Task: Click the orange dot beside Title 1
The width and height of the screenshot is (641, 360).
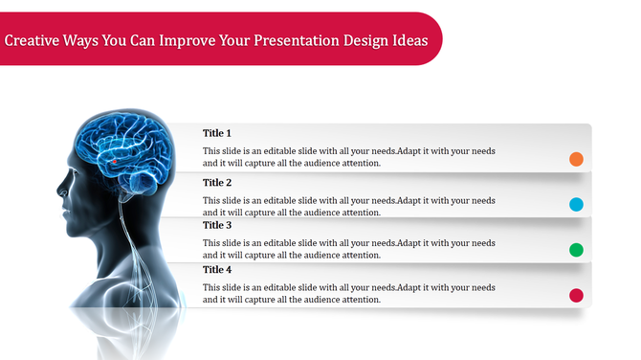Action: coord(576,159)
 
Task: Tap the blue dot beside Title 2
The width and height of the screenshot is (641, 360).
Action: coord(576,204)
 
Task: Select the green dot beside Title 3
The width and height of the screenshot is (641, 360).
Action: coord(576,250)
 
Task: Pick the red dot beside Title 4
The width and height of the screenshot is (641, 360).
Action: coord(576,296)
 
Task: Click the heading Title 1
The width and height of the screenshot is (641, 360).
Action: coord(217,133)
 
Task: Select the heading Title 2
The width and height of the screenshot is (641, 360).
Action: coord(217,182)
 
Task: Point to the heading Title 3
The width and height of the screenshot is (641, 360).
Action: coord(217,225)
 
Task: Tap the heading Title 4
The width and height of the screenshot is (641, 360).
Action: coord(217,270)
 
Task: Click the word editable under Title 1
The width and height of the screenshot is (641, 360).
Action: coord(287,151)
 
